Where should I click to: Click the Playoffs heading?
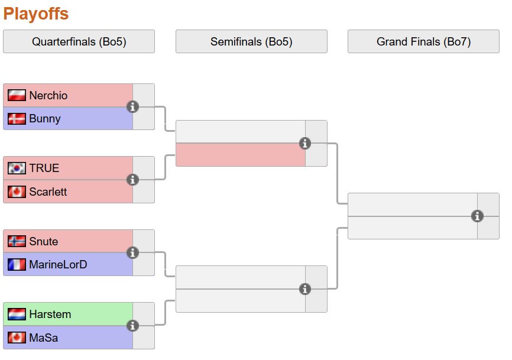(x=36, y=14)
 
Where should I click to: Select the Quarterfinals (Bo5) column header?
(x=79, y=41)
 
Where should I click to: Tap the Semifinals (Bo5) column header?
(x=251, y=41)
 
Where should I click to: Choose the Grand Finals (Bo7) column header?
(x=423, y=41)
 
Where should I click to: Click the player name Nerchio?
(x=48, y=95)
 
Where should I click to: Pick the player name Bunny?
(x=44, y=119)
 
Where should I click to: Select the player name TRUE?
(x=44, y=168)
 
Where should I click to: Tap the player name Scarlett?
(x=48, y=192)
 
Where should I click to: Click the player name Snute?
(x=43, y=241)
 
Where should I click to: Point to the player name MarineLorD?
(x=58, y=265)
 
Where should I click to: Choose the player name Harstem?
(x=50, y=314)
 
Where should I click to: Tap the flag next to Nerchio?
(x=17, y=95)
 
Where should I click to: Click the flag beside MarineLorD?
(x=17, y=265)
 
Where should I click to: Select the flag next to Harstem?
(x=17, y=314)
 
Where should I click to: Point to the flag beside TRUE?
(x=17, y=168)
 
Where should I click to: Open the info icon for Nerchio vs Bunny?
(x=133, y=106)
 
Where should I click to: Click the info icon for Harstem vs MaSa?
(x=133, y=326)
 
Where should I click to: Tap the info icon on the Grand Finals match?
(x=478, y=216)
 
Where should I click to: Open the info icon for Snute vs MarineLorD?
(x=133, y=252)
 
